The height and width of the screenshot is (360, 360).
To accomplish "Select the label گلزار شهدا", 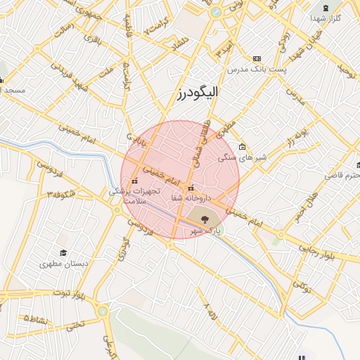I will tap(326, 17).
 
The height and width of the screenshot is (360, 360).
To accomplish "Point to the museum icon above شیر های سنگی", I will tap(243, 147).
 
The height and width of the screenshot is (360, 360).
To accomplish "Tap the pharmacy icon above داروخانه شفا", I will tap(191, 188).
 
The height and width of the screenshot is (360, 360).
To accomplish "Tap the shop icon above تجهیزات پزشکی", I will tap(135, 181).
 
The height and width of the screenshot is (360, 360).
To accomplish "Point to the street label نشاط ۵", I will tap(36, 319).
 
